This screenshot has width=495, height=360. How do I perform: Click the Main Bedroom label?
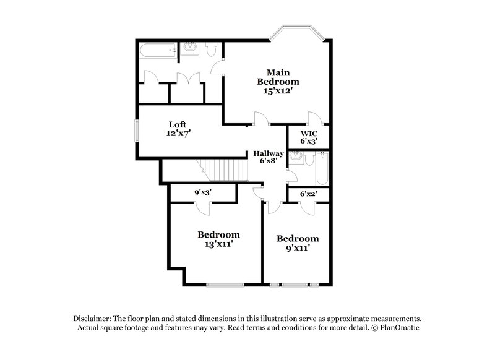coord(278,77)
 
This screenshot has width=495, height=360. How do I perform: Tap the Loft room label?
coord(178,124)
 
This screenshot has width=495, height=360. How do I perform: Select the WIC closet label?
coord(309,133)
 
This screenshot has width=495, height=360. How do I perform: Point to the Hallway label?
coord(268,153)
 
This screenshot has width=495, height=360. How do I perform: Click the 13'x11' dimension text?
coord(218,244)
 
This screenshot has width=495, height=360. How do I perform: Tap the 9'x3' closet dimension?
coord(204,192)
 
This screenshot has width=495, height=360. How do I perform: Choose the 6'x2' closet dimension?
coord(308,193)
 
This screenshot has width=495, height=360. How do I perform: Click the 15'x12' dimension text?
coord(278,90)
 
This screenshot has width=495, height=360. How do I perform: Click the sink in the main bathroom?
coord(190,48)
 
